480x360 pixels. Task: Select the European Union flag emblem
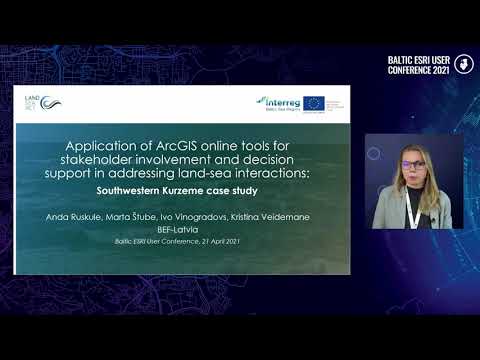[x=313, y=103]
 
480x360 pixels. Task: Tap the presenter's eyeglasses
[x=412, y=162]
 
